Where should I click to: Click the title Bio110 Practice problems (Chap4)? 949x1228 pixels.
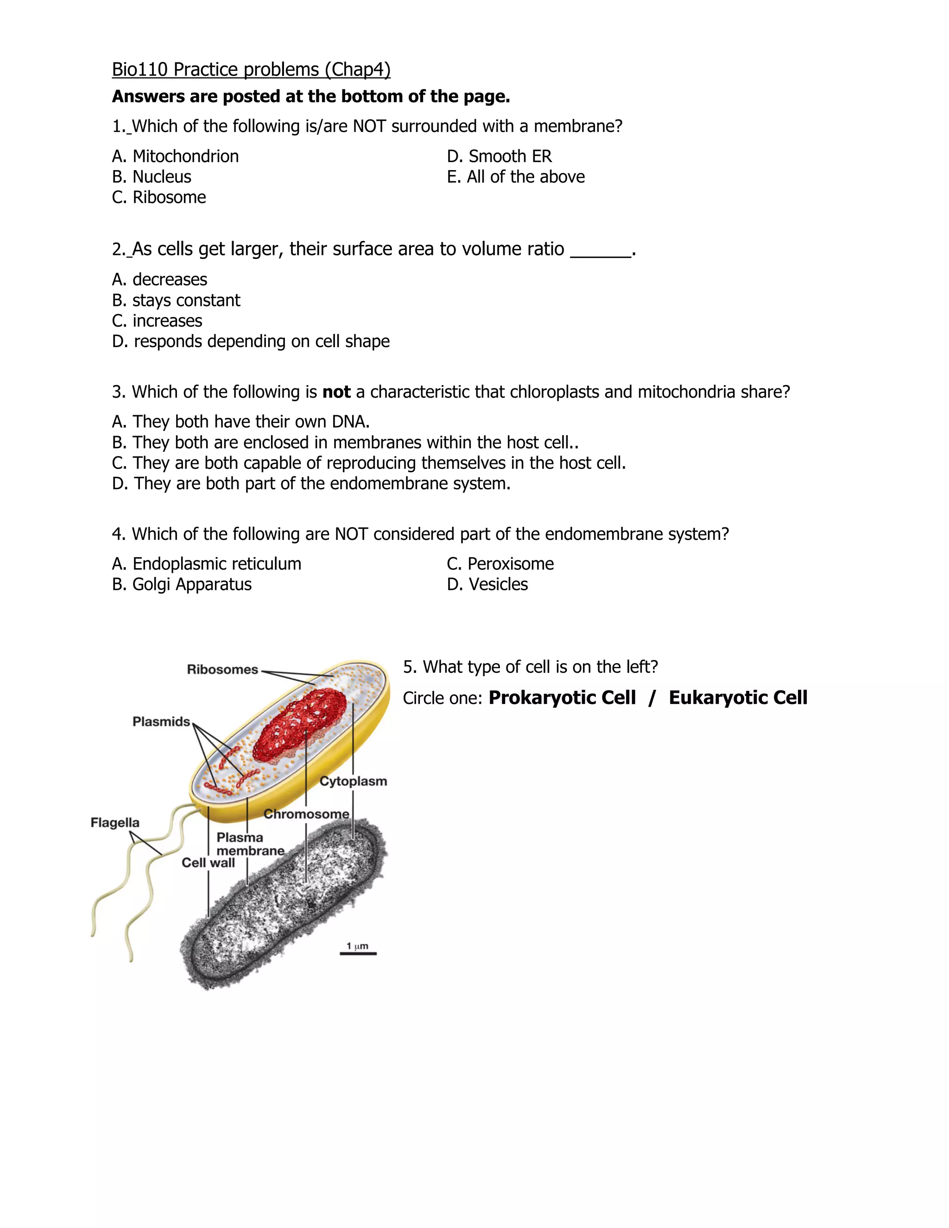click(251, 70)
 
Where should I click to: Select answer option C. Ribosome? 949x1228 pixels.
click(159, 197)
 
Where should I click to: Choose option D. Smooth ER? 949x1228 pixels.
click(499, 156)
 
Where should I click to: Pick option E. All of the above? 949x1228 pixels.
click(516, 177)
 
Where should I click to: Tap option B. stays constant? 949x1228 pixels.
click(176, 300)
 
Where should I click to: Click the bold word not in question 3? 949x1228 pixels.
click(336, 392)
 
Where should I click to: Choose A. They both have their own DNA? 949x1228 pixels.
click(240, 422)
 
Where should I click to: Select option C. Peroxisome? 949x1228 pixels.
click(500, 564)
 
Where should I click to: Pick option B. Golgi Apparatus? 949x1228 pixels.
click(182, 585)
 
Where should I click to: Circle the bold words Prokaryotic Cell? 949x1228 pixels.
click(562, 698)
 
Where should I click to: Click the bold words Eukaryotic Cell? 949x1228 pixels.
click(738, 698)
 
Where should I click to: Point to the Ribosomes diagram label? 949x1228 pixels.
click(222, 670)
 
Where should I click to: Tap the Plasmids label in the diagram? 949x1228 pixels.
click(161, 722)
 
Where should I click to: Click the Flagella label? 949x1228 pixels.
click(115, 823)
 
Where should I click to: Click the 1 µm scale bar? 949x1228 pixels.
click(358, 953)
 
